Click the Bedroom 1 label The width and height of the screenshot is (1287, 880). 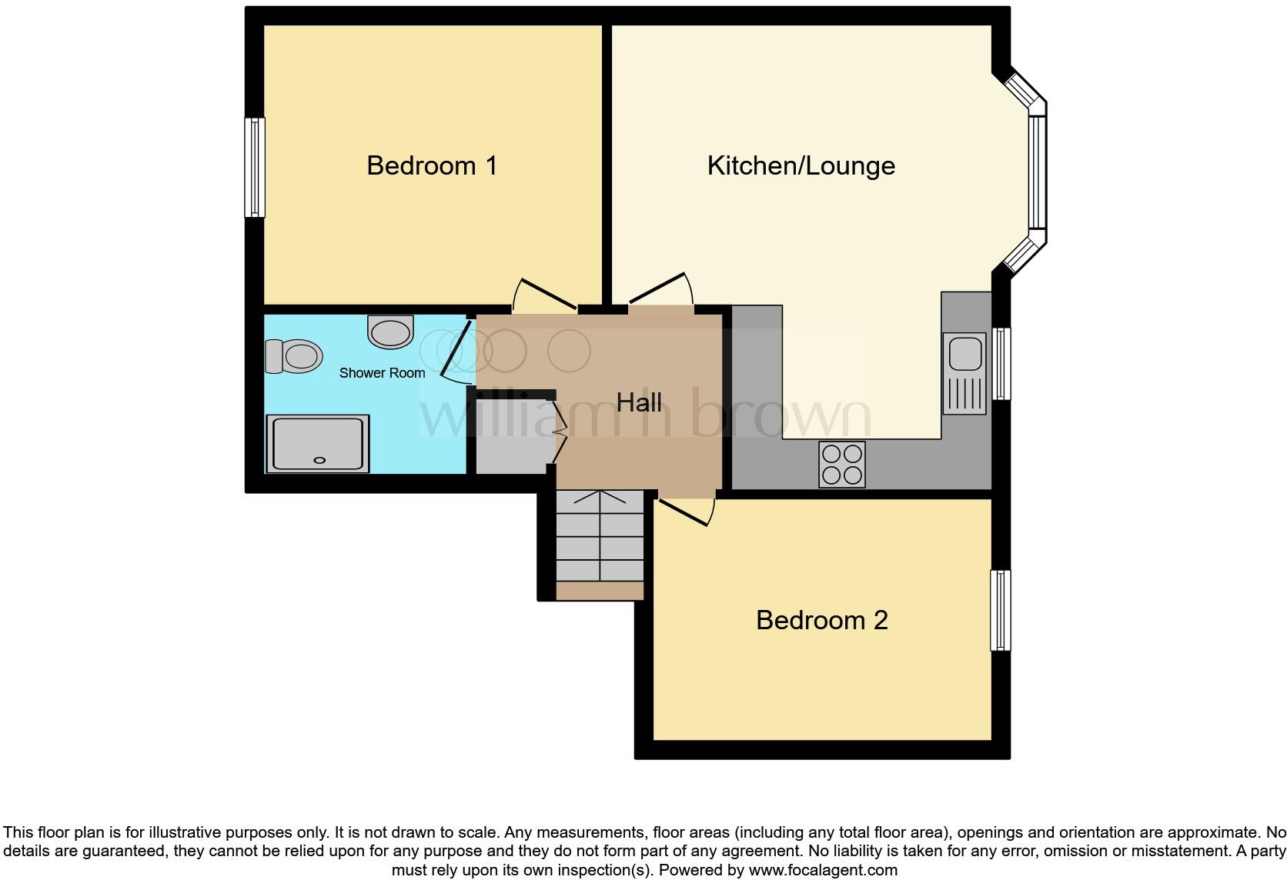tap(431, 165)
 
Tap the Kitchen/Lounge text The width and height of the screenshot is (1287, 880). tap(801, 165)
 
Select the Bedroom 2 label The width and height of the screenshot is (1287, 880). tap(821, 620)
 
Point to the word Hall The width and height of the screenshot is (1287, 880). tap(639, 402)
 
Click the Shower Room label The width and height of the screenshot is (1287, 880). tap(382, 373)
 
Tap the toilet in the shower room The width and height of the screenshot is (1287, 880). tap(294, 356)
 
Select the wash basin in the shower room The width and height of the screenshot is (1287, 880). tap(390, 332)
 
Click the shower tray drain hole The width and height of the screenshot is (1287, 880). tap(319, 460)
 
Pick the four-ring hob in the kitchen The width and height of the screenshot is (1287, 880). tap(841, 465)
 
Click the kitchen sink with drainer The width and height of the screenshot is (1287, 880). tap(964, 373)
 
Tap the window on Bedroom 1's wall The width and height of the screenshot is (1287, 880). tap(255, 167)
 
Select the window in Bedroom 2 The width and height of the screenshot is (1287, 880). tap(1000, 610)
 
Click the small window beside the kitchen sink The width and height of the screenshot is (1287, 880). tap(1001, 363)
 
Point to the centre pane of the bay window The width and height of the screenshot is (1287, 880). tap(1037, 172)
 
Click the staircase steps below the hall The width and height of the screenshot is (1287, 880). tap(600, 538)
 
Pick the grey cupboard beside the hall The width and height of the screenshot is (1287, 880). tap(510, 435)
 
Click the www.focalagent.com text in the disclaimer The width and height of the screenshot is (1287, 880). tap(822, 871)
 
